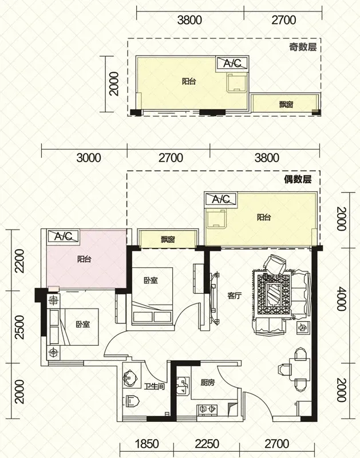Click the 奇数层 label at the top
click(303, 47)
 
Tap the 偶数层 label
click(298, 179)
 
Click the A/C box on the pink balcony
click(64, 236)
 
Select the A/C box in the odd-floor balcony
click(232, 63)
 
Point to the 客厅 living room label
click(235, 296)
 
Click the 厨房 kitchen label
click(208, 382)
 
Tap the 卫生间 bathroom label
click(154, 387)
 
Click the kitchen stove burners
click(207, 408)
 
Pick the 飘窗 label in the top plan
click(286, 104)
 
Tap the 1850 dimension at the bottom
click(147, 444)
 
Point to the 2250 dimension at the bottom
click(207, 444)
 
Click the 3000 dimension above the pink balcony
click(89, 158)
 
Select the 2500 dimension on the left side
click(19, 327)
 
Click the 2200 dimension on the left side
click(19, 261)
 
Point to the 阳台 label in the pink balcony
click(84, 259)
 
